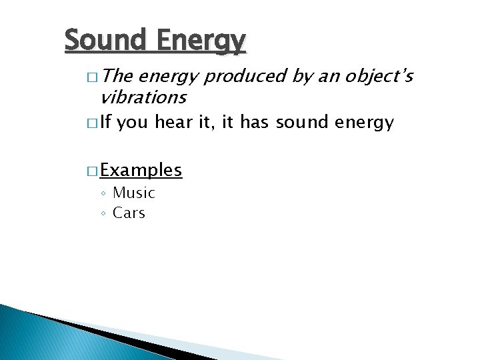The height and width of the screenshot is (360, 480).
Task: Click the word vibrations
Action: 143,97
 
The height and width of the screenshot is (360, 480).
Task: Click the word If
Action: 107,123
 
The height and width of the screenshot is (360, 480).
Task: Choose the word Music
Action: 133,193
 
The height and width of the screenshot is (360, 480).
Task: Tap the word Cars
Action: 129,213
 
